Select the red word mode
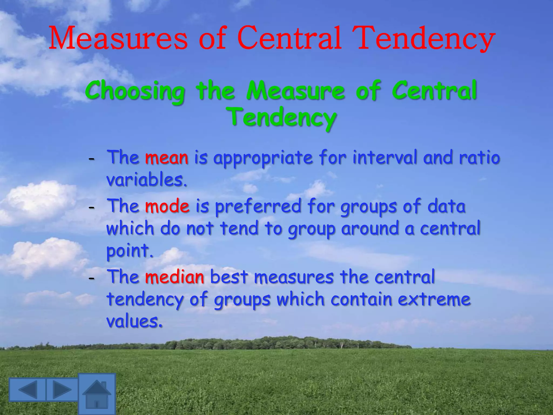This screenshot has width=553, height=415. click(x=167, y=206)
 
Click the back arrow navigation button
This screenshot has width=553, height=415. click(x=28, y=389)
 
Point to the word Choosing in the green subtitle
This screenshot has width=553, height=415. click(x=135, y=91)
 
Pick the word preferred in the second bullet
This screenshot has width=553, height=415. click(x=258, y=207)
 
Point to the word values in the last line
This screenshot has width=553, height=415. click(x=134, y=321)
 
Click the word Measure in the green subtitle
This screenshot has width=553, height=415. click(x=296, y=91)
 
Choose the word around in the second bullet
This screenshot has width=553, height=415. click(x=370, y=229)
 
